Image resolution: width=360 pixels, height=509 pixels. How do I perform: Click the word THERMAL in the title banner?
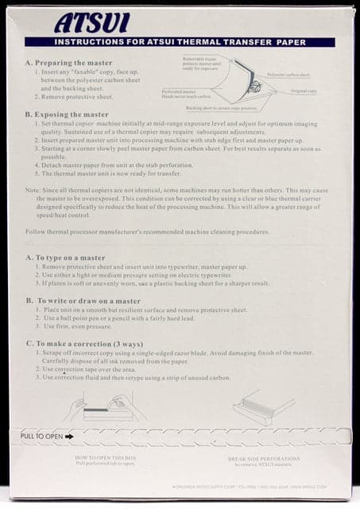(x=217, y=42)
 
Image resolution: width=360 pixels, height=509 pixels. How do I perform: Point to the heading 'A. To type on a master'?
(x=68, y=258)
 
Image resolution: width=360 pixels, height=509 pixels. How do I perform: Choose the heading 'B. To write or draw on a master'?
(x=83, y=301)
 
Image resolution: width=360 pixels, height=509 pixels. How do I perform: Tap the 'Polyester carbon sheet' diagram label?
(x=288, y=74)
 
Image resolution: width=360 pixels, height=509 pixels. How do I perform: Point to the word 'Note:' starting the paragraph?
(x=33, y=191)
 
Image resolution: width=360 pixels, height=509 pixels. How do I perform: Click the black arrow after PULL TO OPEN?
(x=69, y=436)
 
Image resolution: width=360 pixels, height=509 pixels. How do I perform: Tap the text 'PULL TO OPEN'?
(x=42, y=436)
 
